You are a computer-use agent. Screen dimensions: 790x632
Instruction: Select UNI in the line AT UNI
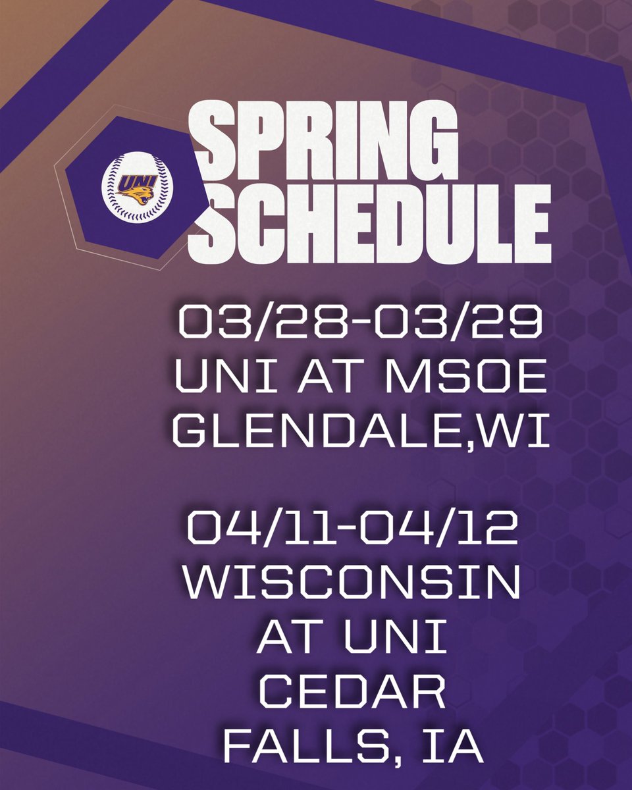pyautogui.click(x=406, y=639)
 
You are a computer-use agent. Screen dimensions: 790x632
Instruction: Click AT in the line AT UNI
pyautogui.click(x=290, y=639)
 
